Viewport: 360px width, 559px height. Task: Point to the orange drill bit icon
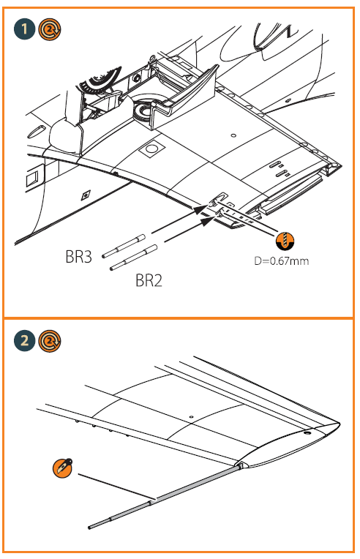(284, 240)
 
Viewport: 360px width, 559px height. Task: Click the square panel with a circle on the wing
(151, 149)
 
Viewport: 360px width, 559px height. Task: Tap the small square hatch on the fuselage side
(31, 178)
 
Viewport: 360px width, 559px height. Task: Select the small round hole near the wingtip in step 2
(306, 433)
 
